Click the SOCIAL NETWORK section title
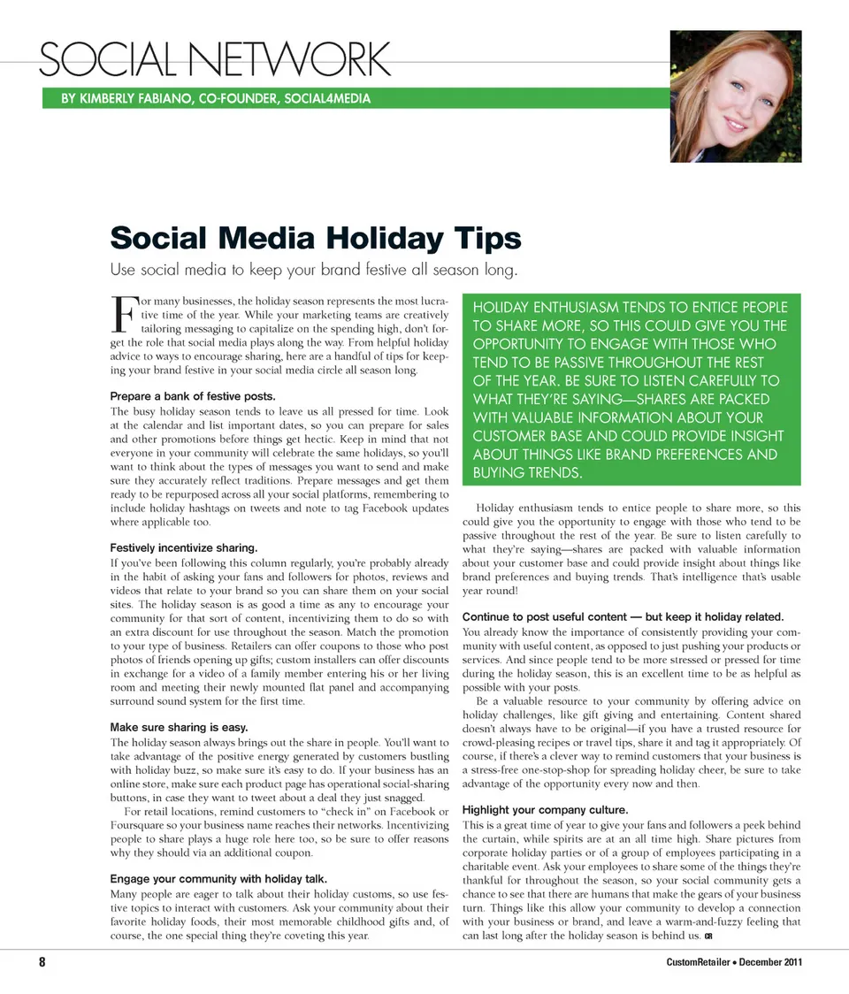tap(213, 60)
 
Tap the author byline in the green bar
tap(216, 98)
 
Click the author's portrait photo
tap(735, 96)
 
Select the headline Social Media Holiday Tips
tap(316, 238)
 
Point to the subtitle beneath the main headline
tap(312, 269)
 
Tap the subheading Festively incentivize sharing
tap(184, 547)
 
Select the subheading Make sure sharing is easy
tap(179, 727)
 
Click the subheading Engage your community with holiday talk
tap(219, 879)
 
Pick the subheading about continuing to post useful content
tap(623, 616)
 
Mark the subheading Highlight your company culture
tap(546, 809)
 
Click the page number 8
tap(42, 963)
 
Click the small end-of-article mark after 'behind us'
tap(709, 936)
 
